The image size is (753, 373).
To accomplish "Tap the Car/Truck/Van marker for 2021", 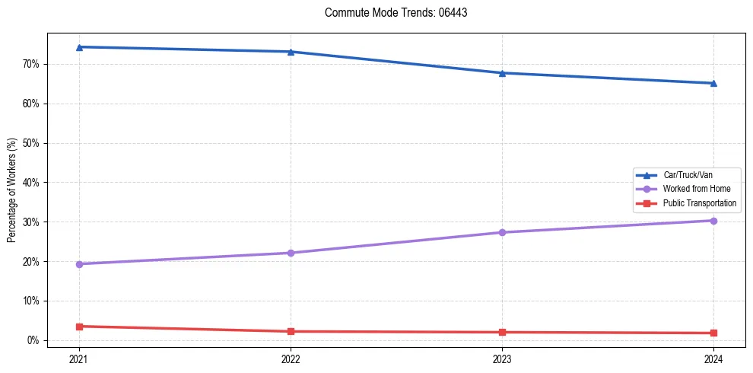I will coord(80,47).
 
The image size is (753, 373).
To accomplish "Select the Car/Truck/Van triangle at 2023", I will coord(502,73).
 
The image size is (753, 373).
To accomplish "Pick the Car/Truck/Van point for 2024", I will coord(713,83).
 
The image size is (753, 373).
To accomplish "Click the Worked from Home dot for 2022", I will coord(291,253).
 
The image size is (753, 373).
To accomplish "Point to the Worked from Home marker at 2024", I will coord(713,221).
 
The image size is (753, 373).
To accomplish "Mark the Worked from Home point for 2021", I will coord(80,264).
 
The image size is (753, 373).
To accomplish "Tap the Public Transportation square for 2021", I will coord(80,327).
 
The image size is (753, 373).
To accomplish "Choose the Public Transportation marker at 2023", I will coord(502,332).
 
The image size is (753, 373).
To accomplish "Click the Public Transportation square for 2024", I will coord(713,333).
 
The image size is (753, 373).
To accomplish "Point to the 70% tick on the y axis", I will coord(30,64).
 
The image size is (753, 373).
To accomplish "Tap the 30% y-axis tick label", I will coord(30,222).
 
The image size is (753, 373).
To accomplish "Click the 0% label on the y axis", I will coord(33,340).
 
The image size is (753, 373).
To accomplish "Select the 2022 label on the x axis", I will coord(291,359).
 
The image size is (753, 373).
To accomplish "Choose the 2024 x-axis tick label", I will coord(713,359).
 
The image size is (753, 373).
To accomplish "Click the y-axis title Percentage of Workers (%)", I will coord(12,190).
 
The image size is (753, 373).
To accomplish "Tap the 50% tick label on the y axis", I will coord(30,143).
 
